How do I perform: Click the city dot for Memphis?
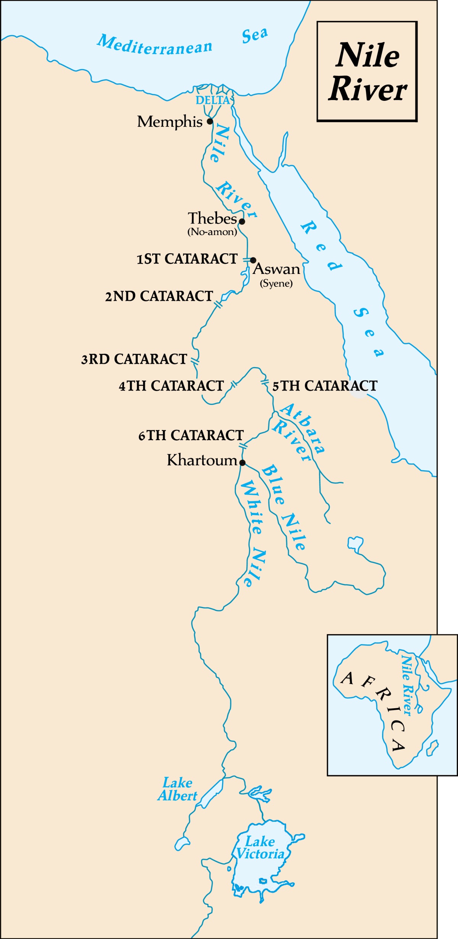coord(210,121)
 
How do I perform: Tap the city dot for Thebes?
coord(242,221)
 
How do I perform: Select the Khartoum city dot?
coord(242,463)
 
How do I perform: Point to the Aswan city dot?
coord(253,260)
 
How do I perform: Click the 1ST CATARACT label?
coord(187,259)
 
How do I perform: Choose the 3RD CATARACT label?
coord(134,359)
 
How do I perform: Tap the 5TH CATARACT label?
coord(325,386)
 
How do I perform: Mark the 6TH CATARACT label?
coord(191,436)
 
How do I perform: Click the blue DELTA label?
coord(213,100)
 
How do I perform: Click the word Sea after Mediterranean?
coord(255,36)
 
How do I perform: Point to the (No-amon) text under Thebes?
coord(212,232)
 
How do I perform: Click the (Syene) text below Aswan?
coord(276,283)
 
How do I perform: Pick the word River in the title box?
coord(368,90)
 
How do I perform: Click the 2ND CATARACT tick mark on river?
coord(218,304)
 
